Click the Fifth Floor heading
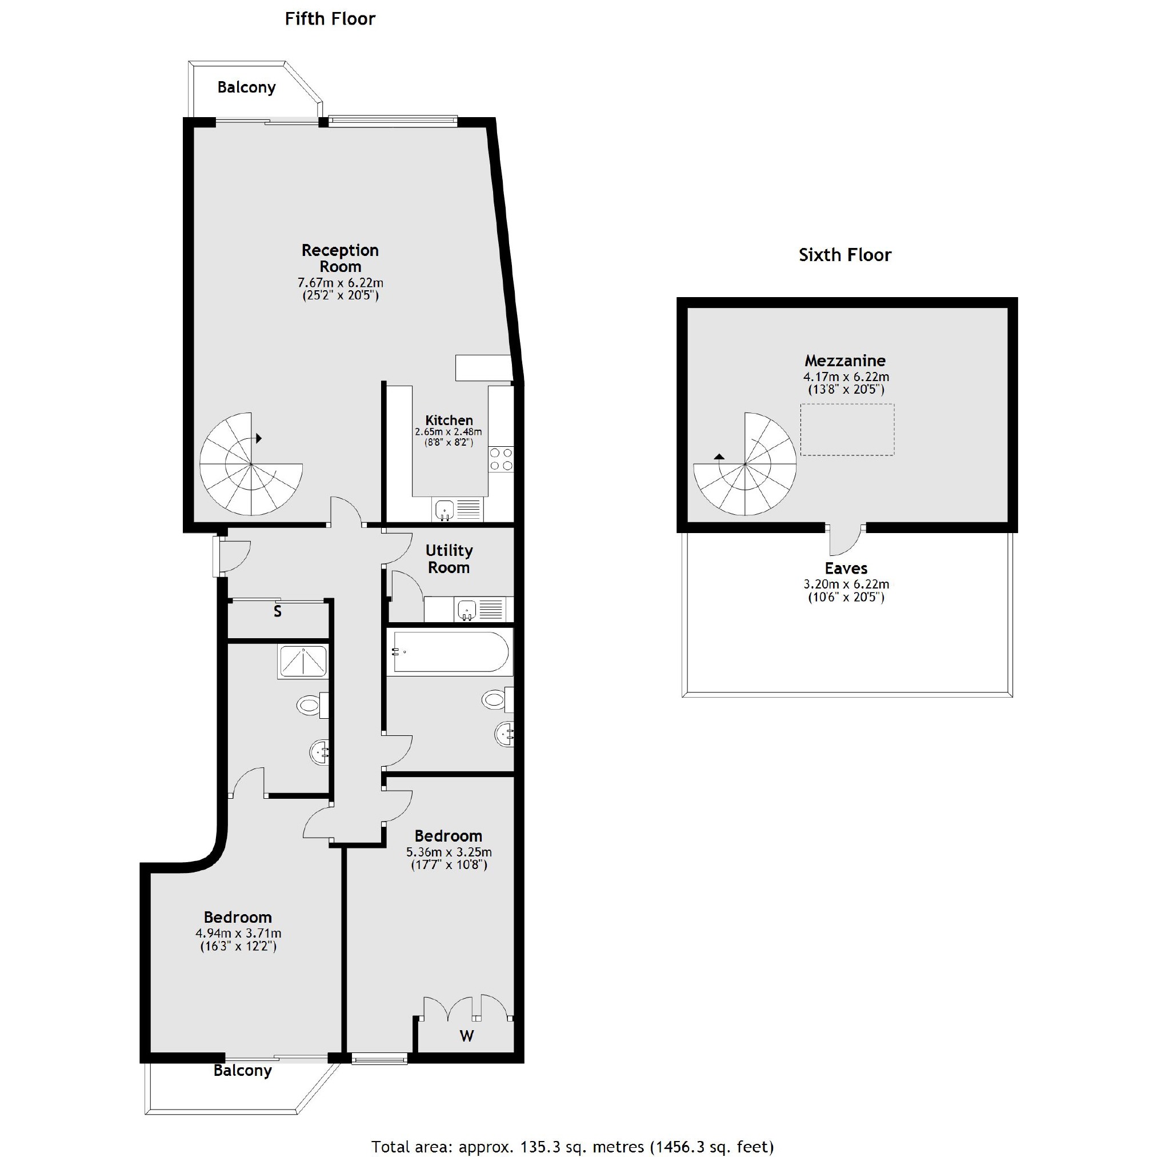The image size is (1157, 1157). (x=330, y=19)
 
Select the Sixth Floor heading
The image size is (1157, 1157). (x=844, y=255)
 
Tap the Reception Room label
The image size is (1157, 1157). (x=339, y=258)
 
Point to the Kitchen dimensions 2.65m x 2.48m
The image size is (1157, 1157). (x=448, y=432)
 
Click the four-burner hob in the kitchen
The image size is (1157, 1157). (x=501, y=459)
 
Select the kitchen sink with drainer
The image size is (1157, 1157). (x=457, y=510)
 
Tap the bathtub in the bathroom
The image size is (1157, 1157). (x=449, y=651)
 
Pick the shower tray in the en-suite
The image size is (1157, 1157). (x=302, y=661)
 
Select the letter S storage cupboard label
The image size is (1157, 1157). (x=277, y=612)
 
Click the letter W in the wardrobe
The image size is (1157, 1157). (x=466, y=1036)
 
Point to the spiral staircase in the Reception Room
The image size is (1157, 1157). (x=251, y=464)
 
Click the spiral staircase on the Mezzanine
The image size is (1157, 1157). (x=745, y=464)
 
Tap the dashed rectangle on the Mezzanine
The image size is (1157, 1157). (x=847, y=430)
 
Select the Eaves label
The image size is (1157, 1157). (x=846, y=569)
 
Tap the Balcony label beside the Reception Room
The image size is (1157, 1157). (x=246, y=87)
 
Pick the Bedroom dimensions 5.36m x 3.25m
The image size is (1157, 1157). (x=449, y=852)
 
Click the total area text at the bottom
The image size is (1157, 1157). (x=572, y=1146)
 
